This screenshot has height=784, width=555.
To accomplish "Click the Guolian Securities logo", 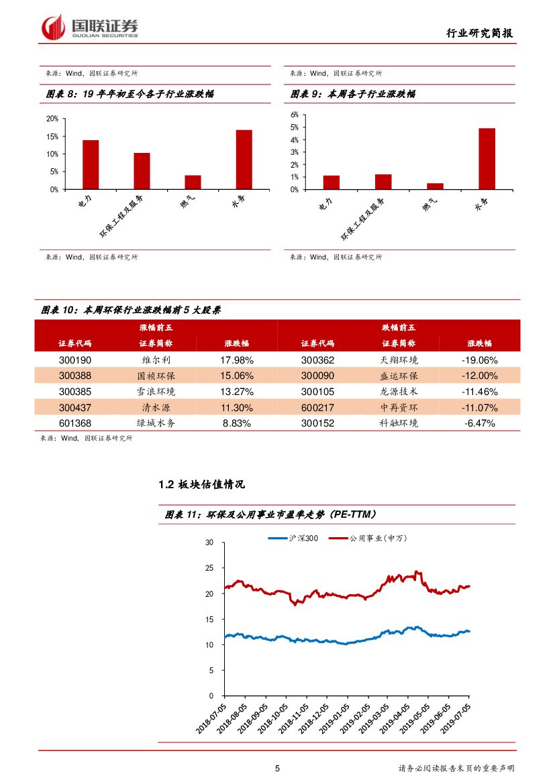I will (90, 27).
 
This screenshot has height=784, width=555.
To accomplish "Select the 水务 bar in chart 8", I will (244, 160).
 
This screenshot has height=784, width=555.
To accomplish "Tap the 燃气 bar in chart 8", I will (193, 182).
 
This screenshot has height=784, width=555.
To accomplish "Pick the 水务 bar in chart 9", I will (487, 158).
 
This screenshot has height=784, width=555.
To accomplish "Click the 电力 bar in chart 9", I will (331, 182).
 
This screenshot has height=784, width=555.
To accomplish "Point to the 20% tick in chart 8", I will (52, 119).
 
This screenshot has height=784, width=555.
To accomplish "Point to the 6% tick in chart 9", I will (294, 115).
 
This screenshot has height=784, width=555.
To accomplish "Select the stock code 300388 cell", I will (75, 376).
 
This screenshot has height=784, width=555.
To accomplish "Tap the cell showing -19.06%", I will (479, 360).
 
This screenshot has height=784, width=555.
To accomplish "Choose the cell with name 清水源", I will (156, 408).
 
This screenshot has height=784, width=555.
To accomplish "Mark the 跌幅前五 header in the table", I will (399, 327).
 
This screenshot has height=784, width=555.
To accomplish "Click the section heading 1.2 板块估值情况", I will (201, 484).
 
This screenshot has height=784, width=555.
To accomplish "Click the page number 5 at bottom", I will (277, 769).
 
